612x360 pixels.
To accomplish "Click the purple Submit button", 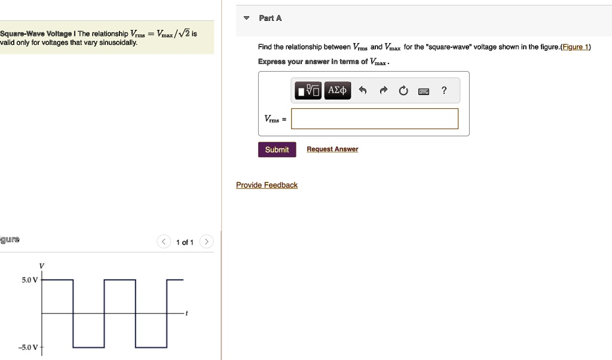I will [x=277, y=150].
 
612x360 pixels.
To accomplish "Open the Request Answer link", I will [x=332, y=150].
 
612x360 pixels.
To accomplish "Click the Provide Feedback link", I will [x=267, y=185].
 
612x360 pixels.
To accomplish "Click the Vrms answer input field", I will [x=375, y=118].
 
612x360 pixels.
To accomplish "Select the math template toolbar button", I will [x=309, y=91].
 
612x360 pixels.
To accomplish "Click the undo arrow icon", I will [x=362, y=91].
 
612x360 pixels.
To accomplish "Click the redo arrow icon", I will [x=383, y=91].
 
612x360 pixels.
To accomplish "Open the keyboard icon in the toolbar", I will [x=423, y=91].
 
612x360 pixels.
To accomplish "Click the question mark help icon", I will [x=443, y=91].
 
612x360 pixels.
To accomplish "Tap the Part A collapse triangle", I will [x=246, y=19].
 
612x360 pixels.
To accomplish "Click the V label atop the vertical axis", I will [x=41, y=266].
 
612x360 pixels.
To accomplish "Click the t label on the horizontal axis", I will [x=186, y=313].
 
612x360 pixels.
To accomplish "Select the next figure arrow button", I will [x=206, y=242].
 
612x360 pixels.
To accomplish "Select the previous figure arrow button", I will [x=164, y=242].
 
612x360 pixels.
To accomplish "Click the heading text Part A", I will [x=270, y=19].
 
